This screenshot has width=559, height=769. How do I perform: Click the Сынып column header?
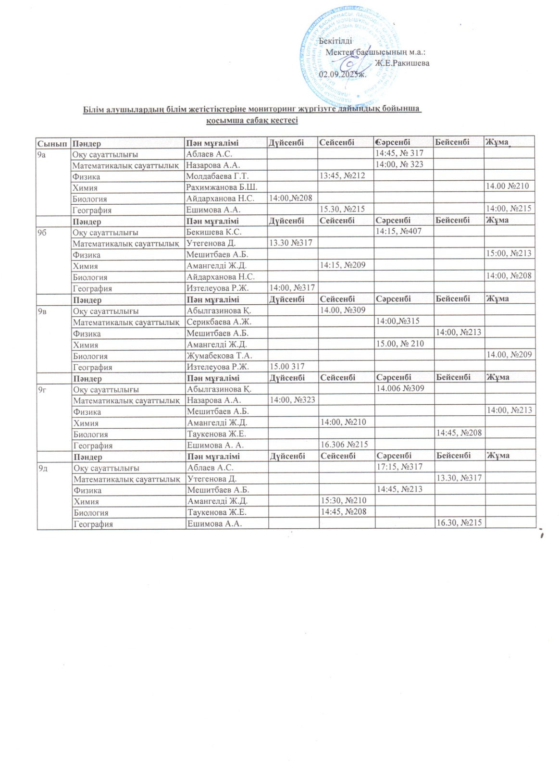pyautogui.click(x=52, y=143)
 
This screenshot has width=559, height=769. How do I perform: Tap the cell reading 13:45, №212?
pyautogui.click(x=342, y=176)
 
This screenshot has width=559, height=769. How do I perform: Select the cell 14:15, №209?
pyautogui.click(x=342, y=265)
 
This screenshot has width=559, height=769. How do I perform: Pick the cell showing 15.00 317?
pyautogui.click(x=287, y=366)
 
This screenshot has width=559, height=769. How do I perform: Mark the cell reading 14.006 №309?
pyautogui.click(x=400, y=388)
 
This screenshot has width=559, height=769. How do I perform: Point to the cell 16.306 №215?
pyautogui.click(x=344, y=445)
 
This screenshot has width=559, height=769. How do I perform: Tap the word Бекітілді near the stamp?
pyautogui.click(x=335, y=41)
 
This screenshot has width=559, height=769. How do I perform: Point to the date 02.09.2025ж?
pyautogui.click(x=343, y=74)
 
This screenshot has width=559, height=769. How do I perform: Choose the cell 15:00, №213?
pyautogui.click(x=509, y=253)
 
